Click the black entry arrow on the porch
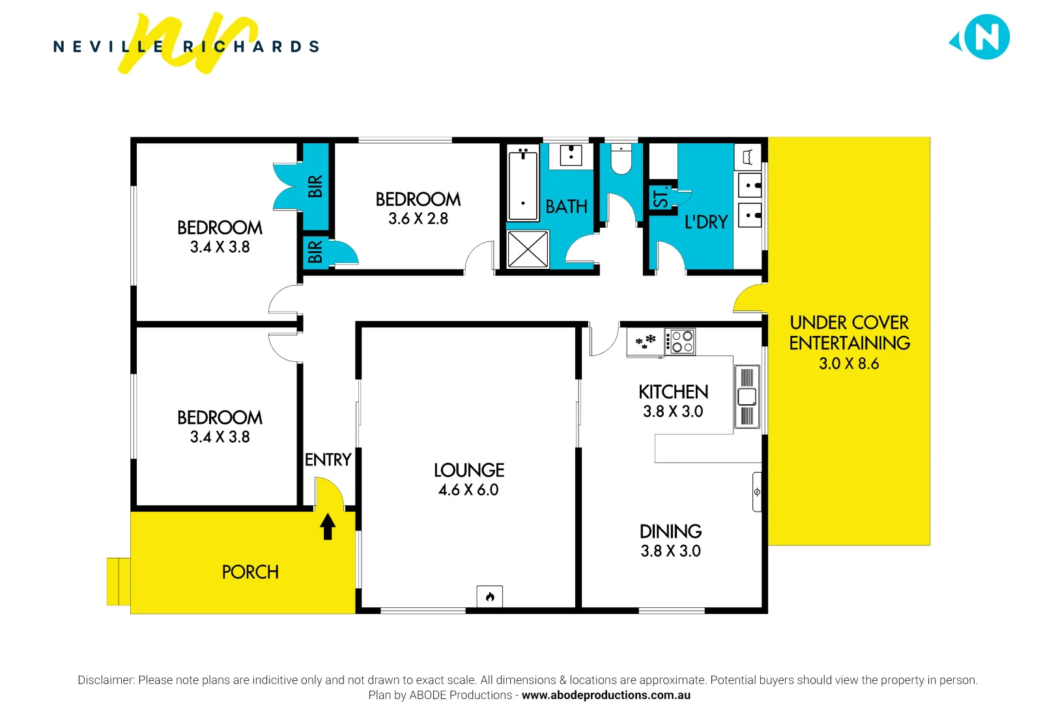click(328, 526)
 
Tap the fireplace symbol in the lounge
click(489, 596)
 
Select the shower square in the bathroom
click(528, 249)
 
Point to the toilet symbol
click(621, 160)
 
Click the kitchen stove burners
click(681, 342)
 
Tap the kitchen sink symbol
click(747, 396)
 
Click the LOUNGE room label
click(469, 470)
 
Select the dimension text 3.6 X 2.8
click(418, 219)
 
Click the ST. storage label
click(661, 198)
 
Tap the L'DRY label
click(706, 223)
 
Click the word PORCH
click(250, 572)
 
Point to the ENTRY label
click(328, 460)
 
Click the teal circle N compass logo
click(986, 37)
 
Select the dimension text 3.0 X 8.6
click(849, 364)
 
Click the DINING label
click(670, 531)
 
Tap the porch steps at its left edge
click(118, 581)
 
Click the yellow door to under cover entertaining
click(750, 299)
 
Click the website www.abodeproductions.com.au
click(606, 695)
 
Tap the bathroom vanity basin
click(571, 156)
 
